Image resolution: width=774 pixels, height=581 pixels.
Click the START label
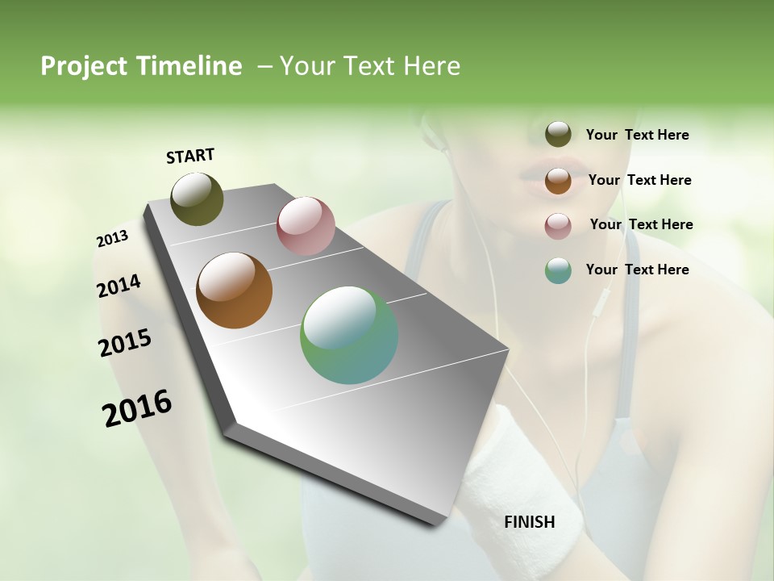[x=190, y=156]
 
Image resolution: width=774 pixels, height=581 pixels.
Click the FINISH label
[x=529, y=522]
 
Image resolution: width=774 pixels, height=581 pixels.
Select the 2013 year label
[x=112, y=239]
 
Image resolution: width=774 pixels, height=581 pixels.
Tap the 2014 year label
[x=119, y=286]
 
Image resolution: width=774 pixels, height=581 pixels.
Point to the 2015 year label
[x=124, y=343]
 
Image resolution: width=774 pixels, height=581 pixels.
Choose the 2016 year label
[x=137, y=408]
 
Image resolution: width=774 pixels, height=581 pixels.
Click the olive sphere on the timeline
[x=197, y=199]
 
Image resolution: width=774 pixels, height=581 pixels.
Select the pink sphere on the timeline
[x=306, y=225]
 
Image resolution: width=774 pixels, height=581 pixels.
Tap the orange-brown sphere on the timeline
[x=234, y=290]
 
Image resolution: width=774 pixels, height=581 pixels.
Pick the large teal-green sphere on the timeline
[x=349, y=335]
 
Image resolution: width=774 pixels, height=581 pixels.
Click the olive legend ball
[x=558, y=135]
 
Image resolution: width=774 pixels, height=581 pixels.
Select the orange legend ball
[x=558, y=181]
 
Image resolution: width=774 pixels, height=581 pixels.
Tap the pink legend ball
[x=558, y=226]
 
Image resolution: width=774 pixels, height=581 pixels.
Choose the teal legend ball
[x=558, y=270]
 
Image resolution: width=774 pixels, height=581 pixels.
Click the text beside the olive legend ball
[x=637, y=135]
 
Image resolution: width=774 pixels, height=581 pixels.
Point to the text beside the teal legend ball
[x=637, y=270]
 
